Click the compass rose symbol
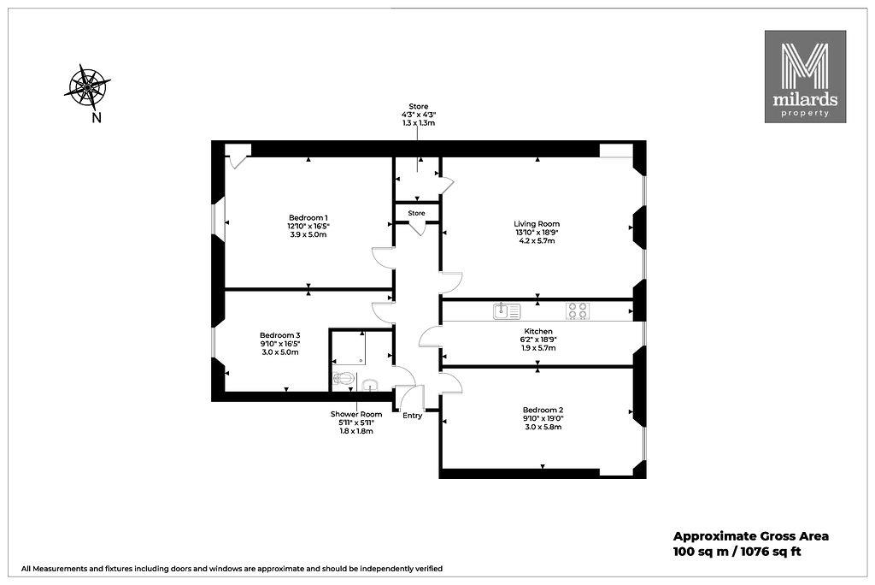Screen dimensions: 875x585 (x=87, y=87)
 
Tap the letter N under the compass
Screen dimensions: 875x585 (x=97, y=118)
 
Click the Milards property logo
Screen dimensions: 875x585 (x=805, y=77)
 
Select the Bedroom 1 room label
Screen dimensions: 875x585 (x=308, y=217)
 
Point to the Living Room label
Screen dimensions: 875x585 (x=537, y=224)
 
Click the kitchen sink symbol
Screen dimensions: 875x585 (x=507, y=310)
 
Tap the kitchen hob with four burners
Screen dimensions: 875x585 (x=578, y=310)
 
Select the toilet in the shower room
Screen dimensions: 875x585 (x=344, y=380)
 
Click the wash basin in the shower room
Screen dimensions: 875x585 (x=370, y=384)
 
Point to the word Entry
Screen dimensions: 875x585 (x=413, y=416)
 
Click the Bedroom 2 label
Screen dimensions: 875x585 (x=543, y=410)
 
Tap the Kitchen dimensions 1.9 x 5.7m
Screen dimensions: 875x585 (x=537, y=347)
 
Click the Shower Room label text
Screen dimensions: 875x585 (x=356, y=414)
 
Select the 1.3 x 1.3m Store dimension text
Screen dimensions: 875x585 (x=419, y=123)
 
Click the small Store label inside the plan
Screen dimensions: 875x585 (x=416, y=213)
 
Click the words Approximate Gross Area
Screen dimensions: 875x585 (x=751, y=536)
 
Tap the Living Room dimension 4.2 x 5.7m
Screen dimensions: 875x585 (x=537, y=241)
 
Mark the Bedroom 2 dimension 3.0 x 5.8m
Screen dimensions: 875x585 (x=543, y=427)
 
